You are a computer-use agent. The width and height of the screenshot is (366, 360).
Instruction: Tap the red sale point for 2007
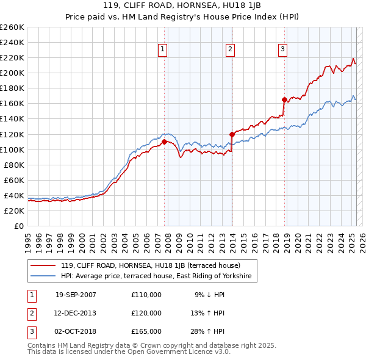pos(164,142)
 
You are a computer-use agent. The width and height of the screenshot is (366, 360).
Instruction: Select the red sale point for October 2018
pos(284,99)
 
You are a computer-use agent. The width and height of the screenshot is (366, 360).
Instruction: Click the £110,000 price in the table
pos(146,295)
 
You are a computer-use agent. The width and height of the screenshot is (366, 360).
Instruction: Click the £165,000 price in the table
pos(146,331)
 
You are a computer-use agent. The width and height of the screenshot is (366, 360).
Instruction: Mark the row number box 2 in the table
pos(31,313)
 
